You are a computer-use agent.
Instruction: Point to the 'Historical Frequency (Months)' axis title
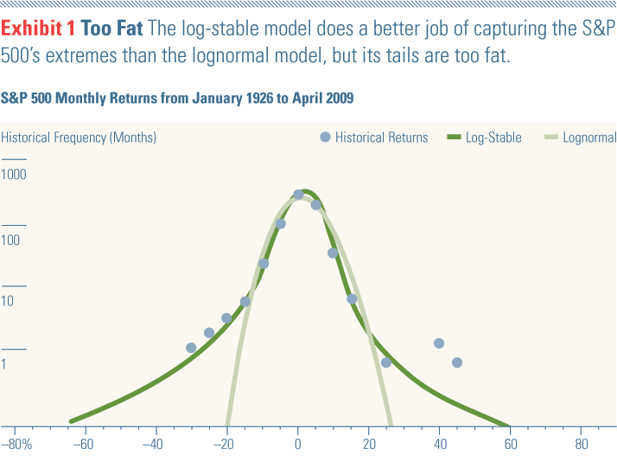[x=79, y=137]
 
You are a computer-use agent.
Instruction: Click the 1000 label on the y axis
[x=15, y=175]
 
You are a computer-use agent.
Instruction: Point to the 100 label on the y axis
[x=12, y=240]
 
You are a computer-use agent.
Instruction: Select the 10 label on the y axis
[x=9, y=302]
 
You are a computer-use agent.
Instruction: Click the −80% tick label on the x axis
[x=16, y=445]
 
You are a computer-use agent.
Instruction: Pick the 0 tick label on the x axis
[x=297, y=445]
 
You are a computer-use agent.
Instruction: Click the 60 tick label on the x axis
[x=510, y=445]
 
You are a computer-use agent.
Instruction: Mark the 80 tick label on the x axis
[x=581, y=445]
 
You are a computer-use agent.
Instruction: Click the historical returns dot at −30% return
[x=191, y=348]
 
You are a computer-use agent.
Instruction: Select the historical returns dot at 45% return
[x=457, y=363]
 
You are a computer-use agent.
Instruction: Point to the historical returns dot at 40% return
[x=439, y=344]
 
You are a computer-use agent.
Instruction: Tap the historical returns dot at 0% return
[x=298, y=195]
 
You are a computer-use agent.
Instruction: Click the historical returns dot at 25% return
[x=386, y=363]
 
